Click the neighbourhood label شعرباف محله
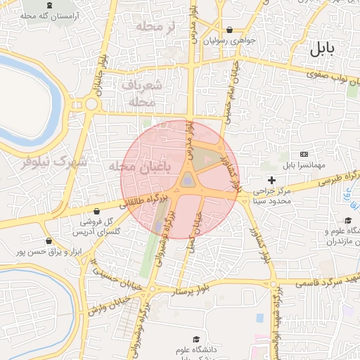click(146, 94)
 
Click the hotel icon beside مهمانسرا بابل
click(304, 154)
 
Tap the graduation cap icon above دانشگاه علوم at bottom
click(195, 340)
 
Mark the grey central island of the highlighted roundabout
click(188, 181)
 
